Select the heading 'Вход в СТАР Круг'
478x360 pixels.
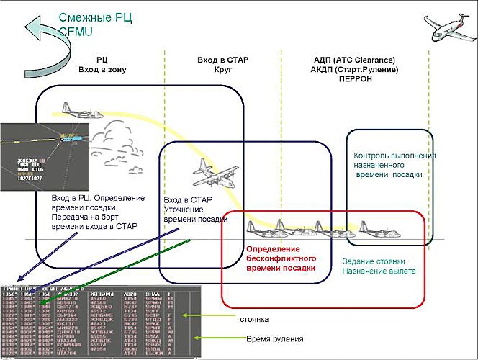point(222,65)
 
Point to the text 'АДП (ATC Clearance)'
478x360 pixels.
point(355,60)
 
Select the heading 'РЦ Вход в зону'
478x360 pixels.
point(102,65)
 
